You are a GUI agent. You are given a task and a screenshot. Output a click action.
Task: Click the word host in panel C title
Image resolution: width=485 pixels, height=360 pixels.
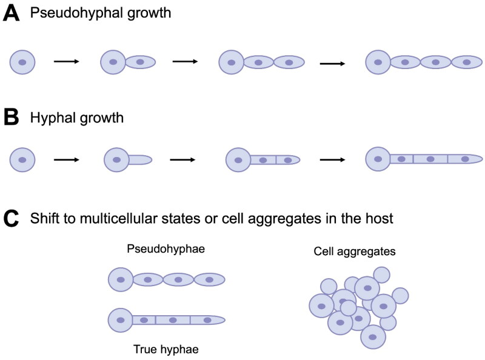point(380,219)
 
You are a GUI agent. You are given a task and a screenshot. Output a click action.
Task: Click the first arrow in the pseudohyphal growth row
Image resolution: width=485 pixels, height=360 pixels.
point(67,61)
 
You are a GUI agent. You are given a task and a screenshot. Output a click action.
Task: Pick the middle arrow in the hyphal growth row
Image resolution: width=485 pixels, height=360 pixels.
point(183,160)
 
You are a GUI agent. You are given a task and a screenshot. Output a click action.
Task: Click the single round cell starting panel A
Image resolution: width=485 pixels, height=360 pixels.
point(22,62)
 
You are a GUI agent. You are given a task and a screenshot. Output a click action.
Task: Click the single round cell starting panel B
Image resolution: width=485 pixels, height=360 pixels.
point(22,159)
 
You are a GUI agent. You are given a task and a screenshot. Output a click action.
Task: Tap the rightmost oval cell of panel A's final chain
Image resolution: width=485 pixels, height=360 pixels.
point(466,62)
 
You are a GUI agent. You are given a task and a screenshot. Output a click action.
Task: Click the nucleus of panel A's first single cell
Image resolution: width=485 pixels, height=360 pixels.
point(22,62)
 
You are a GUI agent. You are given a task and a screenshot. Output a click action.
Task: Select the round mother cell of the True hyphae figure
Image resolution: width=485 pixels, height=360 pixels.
point(121,319)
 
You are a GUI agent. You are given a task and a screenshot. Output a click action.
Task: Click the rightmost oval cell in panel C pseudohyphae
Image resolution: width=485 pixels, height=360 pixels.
point(209,280)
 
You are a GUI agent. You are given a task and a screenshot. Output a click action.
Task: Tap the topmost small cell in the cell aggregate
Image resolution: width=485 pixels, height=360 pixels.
point(381,274)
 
